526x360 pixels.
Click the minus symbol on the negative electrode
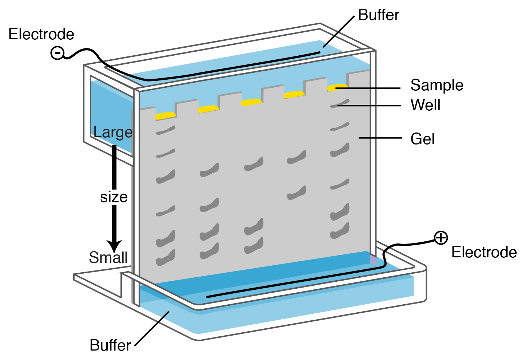pyautogui.click(x=57, y=53)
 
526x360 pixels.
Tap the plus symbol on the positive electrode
pyautogui.click(x=441, y=238)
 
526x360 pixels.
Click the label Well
pyautogui.click(x=425, y=105)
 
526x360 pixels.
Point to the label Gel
pyautogui.click(x=422, y=139)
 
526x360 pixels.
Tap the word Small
pyautogui.click(x=108, y=257)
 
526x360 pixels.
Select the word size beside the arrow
pyautogui.click(x=114, y=197)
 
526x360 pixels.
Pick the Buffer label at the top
pyautogui.click(x=379, y=15)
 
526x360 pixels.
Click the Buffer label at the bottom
pyautogui.click(x=110, y=345)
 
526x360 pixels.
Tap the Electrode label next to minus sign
pyautogui.click(x=41, y=34)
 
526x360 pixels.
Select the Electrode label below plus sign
pyautogui.click(x=484, y=252)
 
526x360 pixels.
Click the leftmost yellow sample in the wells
pyautogui.click(x=165, y=116)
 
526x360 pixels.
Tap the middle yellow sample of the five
pyautogui.click(x=251, y=102)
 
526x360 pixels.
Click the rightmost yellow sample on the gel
pyautogui.click(x=337, y=88)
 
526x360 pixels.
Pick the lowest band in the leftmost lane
pyautogui.click(x=166, y=258)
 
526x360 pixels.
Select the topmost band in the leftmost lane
pyautogui.click(x=166, y=130)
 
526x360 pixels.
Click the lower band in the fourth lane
pyautogui.click(x=296, y=193)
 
